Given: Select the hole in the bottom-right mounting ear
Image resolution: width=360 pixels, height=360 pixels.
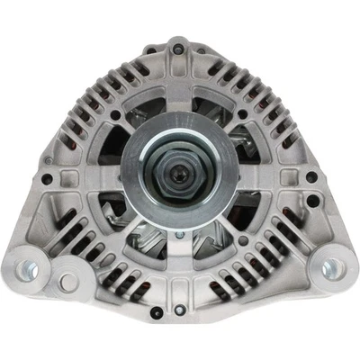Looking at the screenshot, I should [331, 267].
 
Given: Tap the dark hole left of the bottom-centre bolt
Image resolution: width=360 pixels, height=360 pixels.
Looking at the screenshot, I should [157, 311].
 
